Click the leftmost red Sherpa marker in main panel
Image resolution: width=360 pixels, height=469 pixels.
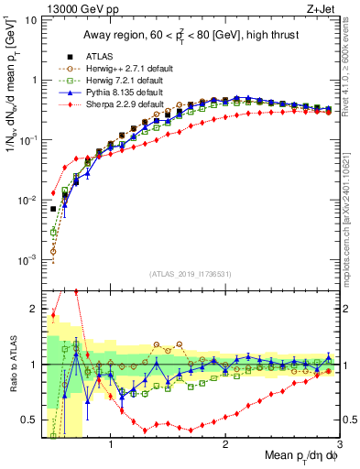53,193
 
